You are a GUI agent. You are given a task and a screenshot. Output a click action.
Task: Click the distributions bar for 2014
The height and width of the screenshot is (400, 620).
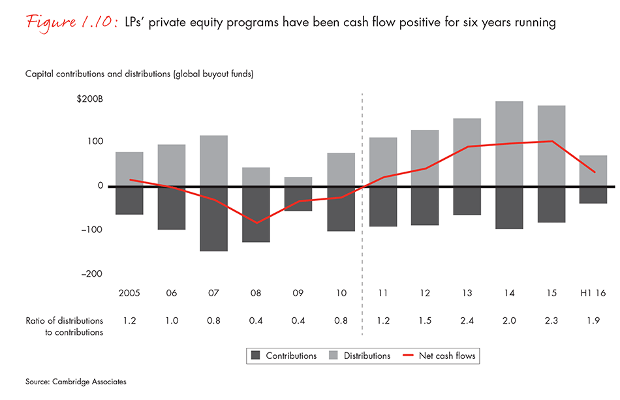coord(509,144)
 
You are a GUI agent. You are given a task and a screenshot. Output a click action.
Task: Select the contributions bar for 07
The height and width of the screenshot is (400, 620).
coord(213,219)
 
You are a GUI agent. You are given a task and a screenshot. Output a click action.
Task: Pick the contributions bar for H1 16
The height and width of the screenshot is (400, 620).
coord(593,195)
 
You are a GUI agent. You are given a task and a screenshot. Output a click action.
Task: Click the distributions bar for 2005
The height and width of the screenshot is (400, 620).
coord(129,169)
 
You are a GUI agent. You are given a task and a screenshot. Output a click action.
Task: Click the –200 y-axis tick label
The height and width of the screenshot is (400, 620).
coord(91,274)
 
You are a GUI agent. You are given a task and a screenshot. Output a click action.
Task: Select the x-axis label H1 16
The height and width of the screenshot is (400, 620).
coord(593,294)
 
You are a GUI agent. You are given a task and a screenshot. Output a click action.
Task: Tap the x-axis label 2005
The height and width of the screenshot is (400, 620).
coord(129,294)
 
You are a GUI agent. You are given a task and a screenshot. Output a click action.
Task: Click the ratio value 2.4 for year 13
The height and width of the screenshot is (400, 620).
coord(467,320)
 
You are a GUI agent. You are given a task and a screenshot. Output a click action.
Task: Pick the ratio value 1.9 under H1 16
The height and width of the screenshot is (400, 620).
coord(593,320)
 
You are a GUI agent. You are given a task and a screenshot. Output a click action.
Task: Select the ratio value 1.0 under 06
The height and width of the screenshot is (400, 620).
coord(172,320)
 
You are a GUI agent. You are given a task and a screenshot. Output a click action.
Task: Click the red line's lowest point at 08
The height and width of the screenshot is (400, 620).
coord(256,223)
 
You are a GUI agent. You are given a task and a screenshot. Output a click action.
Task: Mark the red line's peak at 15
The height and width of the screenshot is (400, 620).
coord(551,141)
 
